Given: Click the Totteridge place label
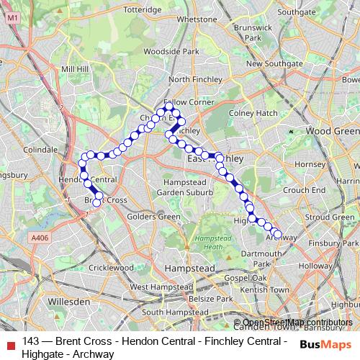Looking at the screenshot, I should (143, 11).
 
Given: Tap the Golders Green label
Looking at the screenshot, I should (153, 216).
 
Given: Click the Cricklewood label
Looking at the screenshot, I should (112, 267).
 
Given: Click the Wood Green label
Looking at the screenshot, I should (332, 132).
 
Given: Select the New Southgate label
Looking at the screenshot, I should (274, 63).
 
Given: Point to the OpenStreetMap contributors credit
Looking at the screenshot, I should (297, 323).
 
